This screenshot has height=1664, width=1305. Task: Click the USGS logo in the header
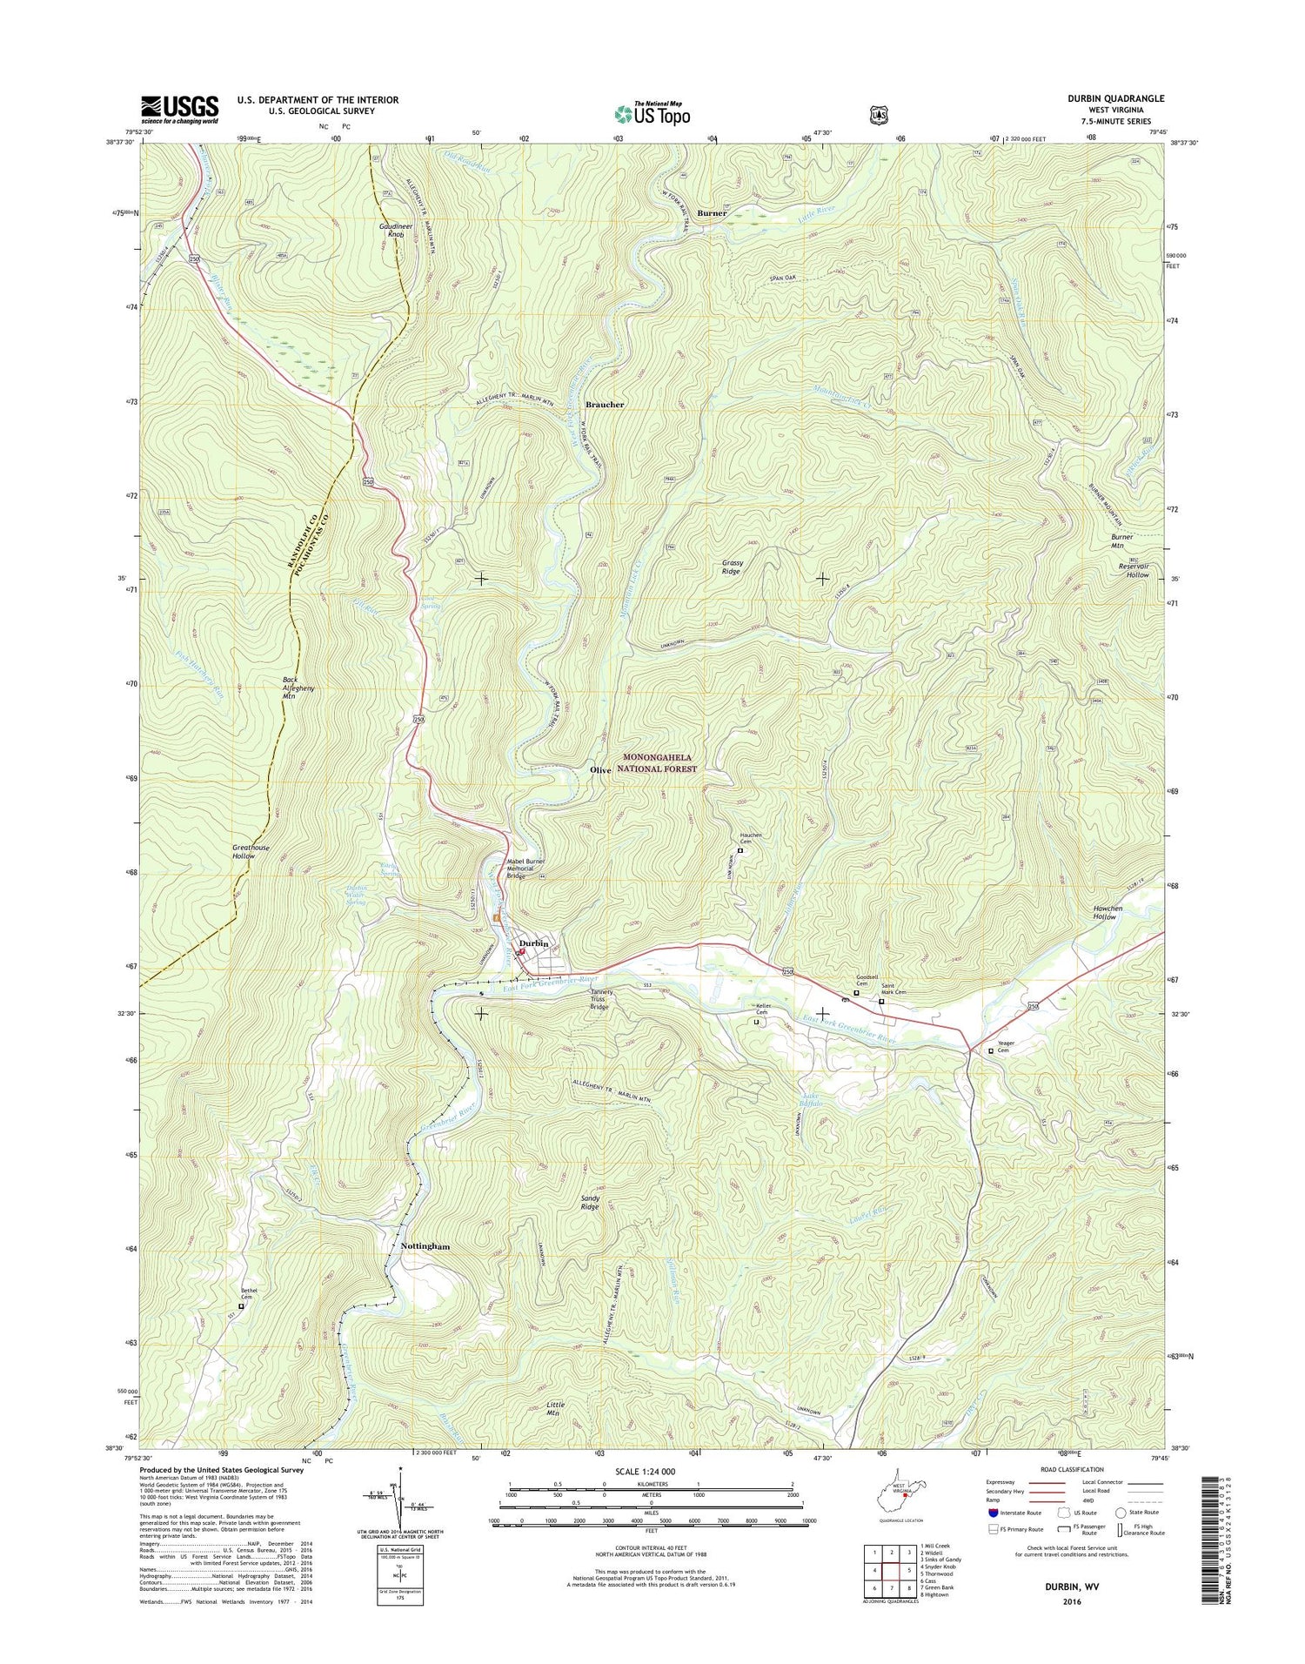pyautogui.click(x=180, y=110)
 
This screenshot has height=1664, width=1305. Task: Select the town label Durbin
pyautogui.click(x=533, y=943)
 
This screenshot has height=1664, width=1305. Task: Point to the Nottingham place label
pyautogui.click(x=425, y=1246)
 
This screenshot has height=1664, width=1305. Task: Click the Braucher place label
pyautogui.click(x=604, y=405)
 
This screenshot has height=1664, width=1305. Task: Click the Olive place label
pyautogui.click(x=600, y=770)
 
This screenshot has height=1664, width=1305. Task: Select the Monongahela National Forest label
pyautogui.click(x=657, y=763)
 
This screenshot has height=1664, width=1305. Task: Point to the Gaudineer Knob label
pyautogui.click(x=395, y=230)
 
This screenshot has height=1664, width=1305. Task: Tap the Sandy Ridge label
pyautogui.click(x=590, y=1202)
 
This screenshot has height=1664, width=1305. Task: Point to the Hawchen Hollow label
pyautogui.click(x=1107, y=912)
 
